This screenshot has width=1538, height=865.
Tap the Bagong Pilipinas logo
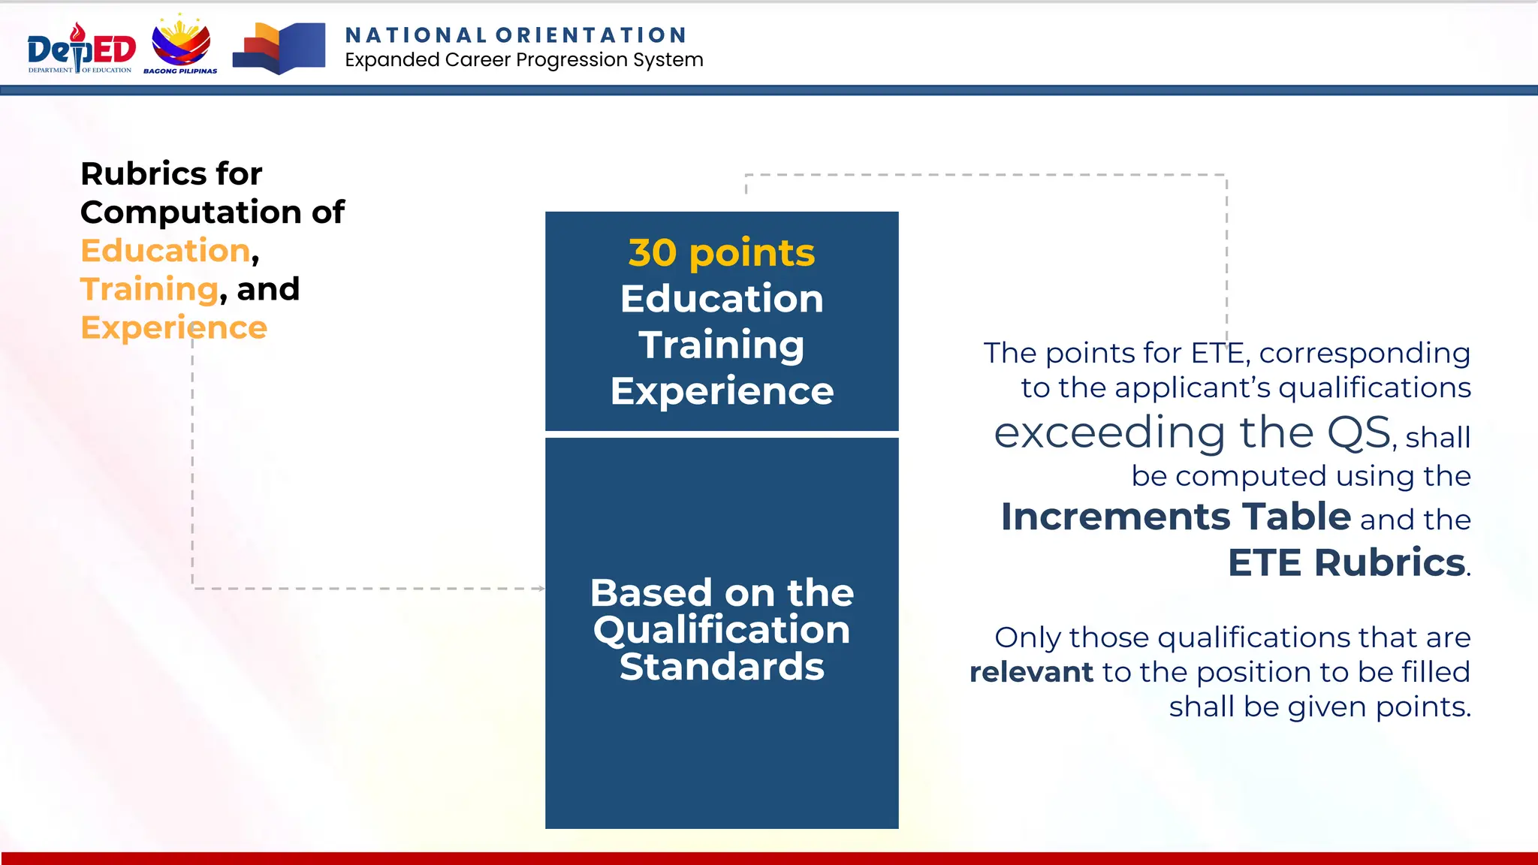click(x=181, y=45)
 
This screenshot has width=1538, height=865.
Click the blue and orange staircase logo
click(x=279, y=48)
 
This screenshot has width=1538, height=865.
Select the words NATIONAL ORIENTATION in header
click(x=516, y=35)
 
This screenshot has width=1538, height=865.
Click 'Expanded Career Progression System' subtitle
click(x=523, y=60)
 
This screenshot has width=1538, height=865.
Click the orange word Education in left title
click(x=165, y=251)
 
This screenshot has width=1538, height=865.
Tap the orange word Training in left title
click(x=149, y=289)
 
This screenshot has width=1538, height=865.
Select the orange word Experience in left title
click(x=173, y=328)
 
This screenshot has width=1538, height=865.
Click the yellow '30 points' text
click(x=721, y=253)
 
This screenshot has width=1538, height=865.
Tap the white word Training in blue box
click(x=721, y=345)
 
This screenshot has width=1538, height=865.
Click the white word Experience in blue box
click(x=721, y=391)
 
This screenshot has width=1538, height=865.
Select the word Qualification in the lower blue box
click(x=721, y=630)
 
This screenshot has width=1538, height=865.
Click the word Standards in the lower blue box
click(x=721, y=667)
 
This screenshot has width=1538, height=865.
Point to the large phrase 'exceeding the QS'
click(x=1192, y=433)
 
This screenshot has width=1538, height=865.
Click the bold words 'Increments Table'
click(x=1175, y=517)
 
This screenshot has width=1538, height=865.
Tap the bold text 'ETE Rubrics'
click(x=1346, y=563)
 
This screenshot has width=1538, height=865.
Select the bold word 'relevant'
click(x=1031, y=672)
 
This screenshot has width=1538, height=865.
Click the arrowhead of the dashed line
click(x=541, y=589)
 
